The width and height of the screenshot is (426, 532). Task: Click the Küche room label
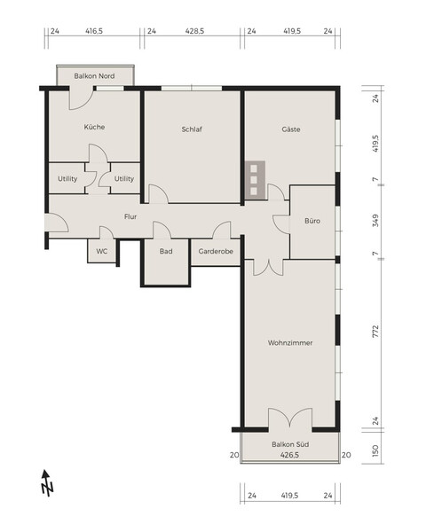coord(95,127)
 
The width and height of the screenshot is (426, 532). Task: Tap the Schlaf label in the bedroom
coord(192,129)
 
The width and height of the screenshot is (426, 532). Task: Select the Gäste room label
coord(290,129)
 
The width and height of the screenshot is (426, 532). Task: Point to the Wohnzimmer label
coord(288,342)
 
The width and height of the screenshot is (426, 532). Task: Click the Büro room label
coord(312,221)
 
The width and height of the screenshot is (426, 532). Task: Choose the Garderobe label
coord(216,251)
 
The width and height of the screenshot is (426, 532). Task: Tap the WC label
coord(101,251)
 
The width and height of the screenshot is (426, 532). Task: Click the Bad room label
coord(166,251)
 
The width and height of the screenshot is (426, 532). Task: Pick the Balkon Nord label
coord(94,76)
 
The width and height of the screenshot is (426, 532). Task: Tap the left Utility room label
coord(67,178)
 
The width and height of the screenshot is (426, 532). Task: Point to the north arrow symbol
coord(47,483)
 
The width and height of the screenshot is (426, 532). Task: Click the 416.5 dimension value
coord(94,30)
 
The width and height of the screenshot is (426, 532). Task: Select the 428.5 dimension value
coord(193,30)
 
